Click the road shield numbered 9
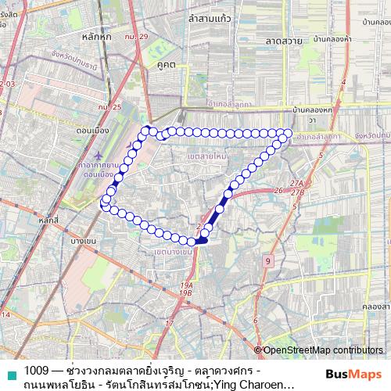coord(267,260)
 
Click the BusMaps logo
coord(352,374)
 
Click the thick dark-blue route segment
coord(213,217)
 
